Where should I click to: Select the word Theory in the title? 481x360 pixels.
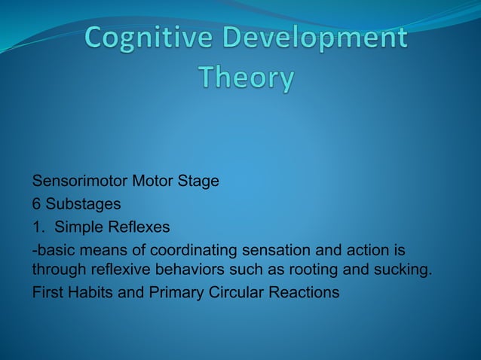pos(246,78)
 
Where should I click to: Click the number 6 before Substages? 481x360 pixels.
pos(36,205)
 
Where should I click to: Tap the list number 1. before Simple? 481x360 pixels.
pos(38,227)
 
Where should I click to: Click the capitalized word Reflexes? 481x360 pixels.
pos(141,227)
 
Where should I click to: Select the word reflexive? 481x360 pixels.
pos(111,270)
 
